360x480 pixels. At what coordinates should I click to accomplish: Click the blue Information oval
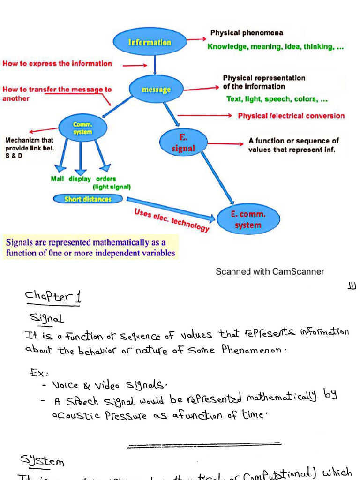tap(150, 42)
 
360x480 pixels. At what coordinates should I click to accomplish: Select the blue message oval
tap(156, 89)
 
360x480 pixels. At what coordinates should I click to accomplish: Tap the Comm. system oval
tap(82, 128)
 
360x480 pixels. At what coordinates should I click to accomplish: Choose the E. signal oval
tap(183, 143)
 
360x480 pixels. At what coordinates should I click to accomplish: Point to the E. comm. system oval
tap(248, 219)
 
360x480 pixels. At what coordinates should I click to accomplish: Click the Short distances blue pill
tap(88, 199)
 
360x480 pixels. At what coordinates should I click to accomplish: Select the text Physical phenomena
tap(246, 33)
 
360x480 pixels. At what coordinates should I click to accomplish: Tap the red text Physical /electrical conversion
tap(291, 116)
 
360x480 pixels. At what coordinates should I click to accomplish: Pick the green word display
tap(80, 179)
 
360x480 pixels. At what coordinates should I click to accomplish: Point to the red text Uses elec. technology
tap(172, 220)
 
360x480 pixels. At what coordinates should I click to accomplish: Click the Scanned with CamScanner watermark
tap(270, 271)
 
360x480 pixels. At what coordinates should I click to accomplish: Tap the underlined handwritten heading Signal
tap(46, 318)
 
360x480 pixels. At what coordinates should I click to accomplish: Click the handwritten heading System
tap(42, 460)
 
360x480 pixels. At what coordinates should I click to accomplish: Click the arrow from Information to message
tap(155, 63)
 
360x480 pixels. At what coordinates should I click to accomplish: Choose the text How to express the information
tap(57, 63)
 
